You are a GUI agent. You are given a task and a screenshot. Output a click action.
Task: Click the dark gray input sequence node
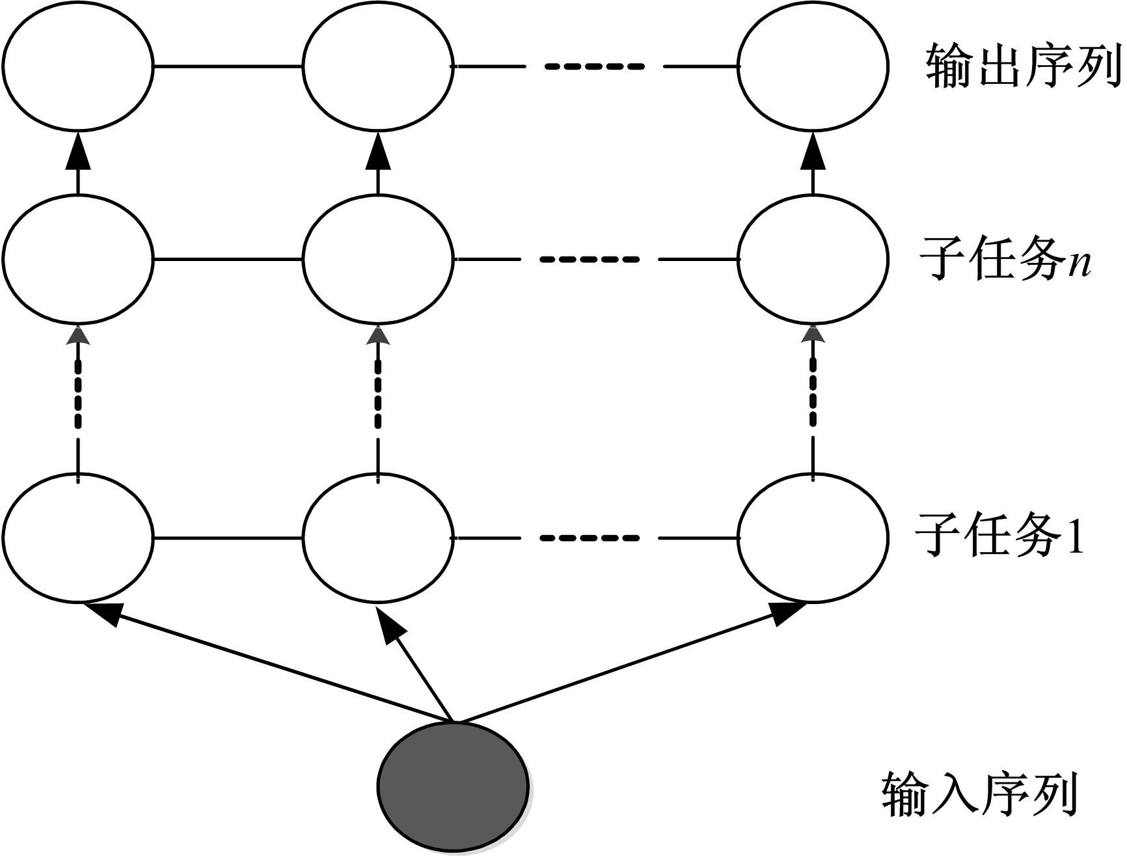point(453,786)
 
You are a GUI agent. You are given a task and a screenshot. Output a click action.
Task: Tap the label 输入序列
point(979,794)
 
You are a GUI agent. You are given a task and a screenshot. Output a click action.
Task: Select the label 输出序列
point(1023,66)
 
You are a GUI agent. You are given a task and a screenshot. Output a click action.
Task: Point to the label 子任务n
point(1005,258)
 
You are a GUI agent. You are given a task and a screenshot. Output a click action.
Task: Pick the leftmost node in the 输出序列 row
point(78,66)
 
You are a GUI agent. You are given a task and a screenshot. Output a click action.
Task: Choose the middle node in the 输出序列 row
point(378,66)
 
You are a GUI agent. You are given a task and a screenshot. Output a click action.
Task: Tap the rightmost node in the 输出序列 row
point(813,66)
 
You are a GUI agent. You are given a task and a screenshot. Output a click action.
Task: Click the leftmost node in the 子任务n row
point(78,258)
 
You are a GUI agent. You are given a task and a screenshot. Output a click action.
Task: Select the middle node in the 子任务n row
point(378,258)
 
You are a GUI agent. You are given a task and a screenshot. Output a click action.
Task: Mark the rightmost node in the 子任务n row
point(813,258)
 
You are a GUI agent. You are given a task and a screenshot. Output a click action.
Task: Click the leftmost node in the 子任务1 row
point(78,538)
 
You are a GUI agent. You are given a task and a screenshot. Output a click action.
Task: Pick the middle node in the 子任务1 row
point(378,538)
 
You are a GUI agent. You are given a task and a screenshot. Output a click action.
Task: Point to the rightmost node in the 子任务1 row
point(813,538)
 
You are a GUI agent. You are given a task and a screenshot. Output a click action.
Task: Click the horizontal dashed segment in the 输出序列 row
point(593,66)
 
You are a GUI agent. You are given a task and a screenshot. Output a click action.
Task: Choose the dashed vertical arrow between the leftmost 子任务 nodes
point(78,397)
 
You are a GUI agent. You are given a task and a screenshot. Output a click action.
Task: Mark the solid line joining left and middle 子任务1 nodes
point(228,538)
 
